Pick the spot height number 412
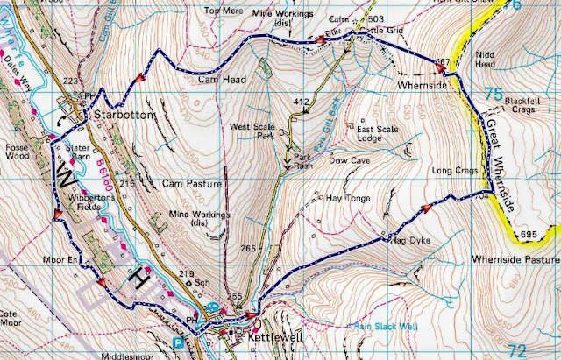tap(302, 103)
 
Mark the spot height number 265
tap(248, 249)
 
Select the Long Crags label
tap(453, 170)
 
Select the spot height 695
tap(526, 235)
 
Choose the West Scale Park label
tap(253, 132)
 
